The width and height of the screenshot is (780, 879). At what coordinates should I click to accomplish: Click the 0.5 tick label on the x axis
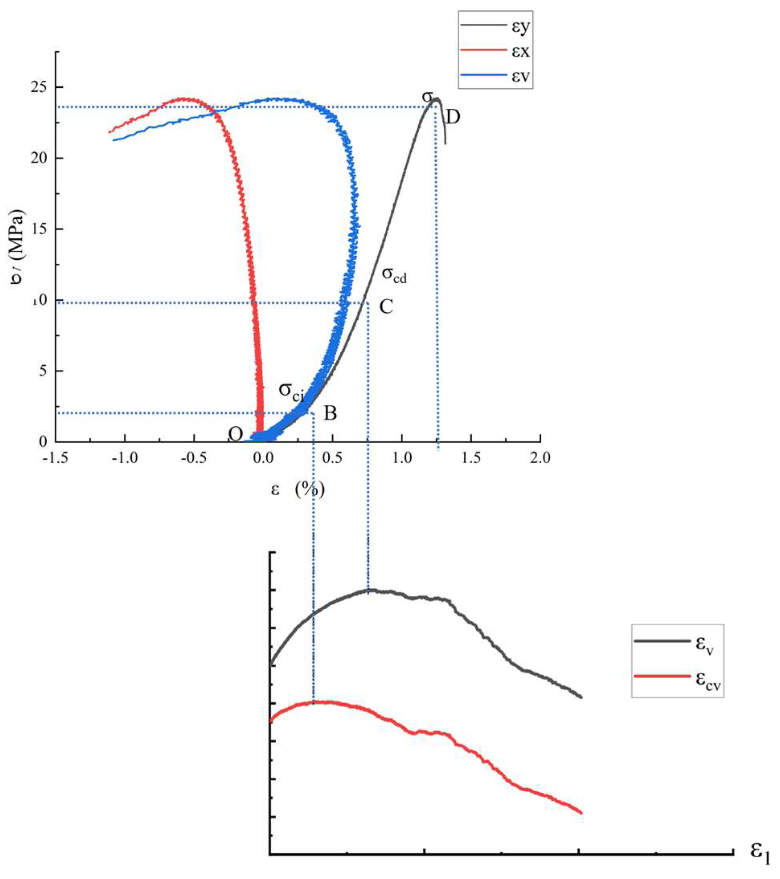332,458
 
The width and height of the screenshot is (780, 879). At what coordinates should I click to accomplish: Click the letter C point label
386,307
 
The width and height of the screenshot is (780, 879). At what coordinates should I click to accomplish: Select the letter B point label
330,413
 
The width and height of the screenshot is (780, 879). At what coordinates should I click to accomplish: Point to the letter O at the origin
235,434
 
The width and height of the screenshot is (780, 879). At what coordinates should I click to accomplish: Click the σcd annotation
394,275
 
